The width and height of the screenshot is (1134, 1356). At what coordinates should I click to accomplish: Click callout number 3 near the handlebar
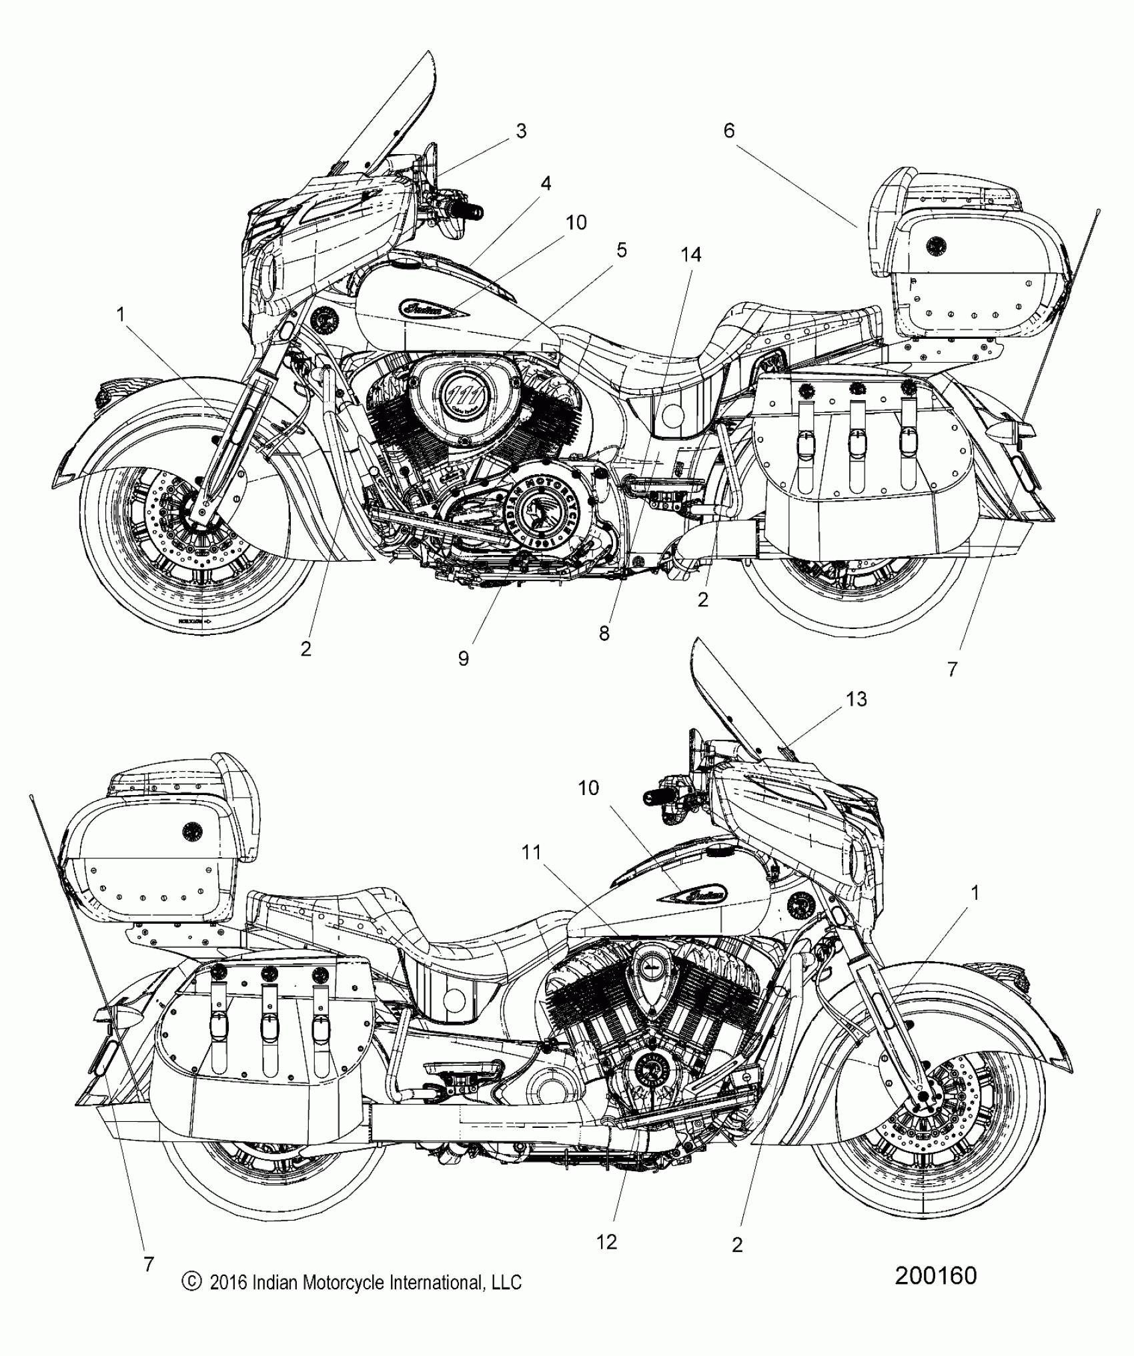point(521,131)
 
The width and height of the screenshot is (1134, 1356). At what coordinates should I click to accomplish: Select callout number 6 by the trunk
point(728,131)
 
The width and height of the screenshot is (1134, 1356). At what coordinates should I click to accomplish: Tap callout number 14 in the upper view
point(691,254)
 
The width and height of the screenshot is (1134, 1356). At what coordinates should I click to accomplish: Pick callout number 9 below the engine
point(463,658)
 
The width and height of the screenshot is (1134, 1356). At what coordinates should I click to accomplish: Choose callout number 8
point(604,634)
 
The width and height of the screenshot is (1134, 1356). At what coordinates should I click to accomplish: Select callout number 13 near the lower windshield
point(857,698)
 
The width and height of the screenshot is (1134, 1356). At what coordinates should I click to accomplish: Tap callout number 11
point(532,851)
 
